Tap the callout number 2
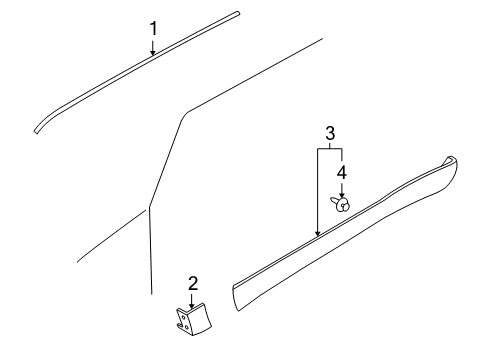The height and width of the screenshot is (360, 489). [x=192, y=283]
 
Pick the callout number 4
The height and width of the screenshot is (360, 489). [x=341, y=172]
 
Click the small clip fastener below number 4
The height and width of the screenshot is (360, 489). [x=341, y=204]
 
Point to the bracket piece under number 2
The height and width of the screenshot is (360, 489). [x=189, y=321]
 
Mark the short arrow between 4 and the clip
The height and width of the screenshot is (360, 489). [x=341, y=189]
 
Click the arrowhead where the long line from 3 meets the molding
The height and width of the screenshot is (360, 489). [x=318, y=234]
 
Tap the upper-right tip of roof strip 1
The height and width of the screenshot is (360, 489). [x=236, y=14]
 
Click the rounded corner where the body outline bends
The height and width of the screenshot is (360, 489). [x=179, y=118]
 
